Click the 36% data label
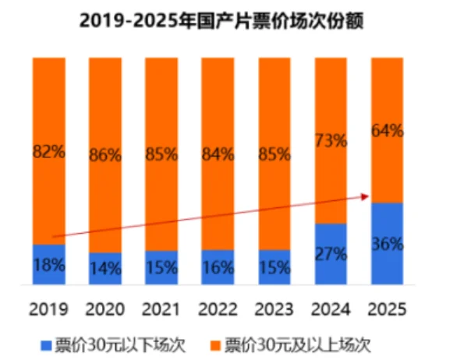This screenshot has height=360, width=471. (387, 244)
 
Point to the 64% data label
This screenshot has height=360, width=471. (387, 131)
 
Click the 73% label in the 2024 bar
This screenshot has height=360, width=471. (330, 142)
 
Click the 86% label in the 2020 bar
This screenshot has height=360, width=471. (104, 154)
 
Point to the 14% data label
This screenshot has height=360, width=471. (104, 269)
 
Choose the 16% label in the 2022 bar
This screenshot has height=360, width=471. (218, 267)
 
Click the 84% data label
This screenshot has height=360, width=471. (218, 154)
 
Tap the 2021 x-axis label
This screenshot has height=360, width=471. (161, 309)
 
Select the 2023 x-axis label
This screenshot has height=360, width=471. (274, 309)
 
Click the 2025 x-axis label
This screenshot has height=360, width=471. (387, 309)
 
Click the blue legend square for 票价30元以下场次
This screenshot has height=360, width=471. (46, 342)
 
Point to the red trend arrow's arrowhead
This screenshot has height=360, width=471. (367, 197)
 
